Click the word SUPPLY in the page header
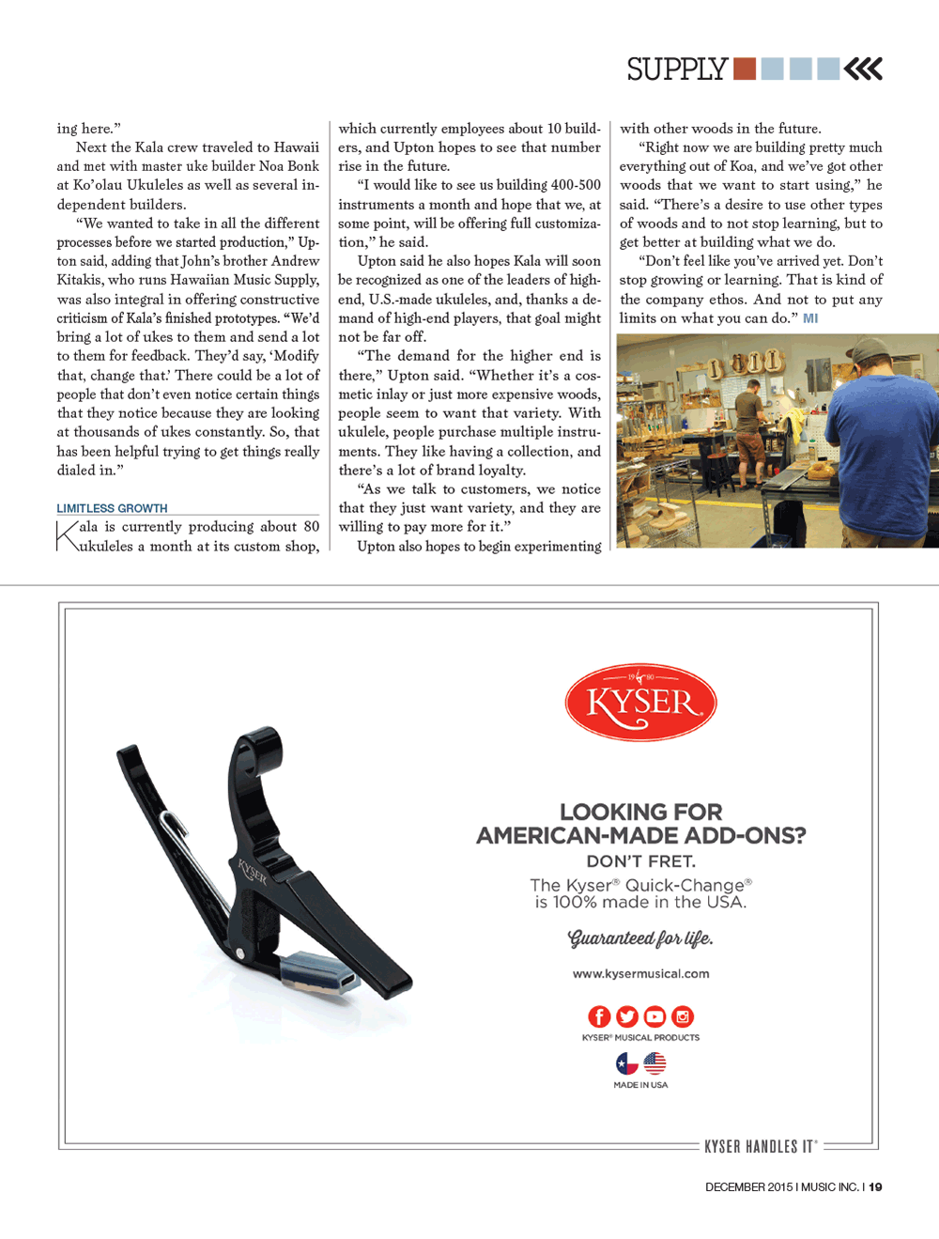677,70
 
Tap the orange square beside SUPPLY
745,69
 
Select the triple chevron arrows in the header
863,69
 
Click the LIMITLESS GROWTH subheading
112,508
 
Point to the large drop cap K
68,536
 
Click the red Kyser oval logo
640,703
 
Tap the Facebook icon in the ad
599,1016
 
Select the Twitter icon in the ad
627,1016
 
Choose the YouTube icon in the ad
654,1016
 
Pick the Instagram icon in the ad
683,1016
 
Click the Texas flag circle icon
626,1063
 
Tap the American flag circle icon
654,1063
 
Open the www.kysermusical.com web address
640,974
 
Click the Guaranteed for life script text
640,938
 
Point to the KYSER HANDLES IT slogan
761,1147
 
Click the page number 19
875,1187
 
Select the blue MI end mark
810,318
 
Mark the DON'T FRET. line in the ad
640,861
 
